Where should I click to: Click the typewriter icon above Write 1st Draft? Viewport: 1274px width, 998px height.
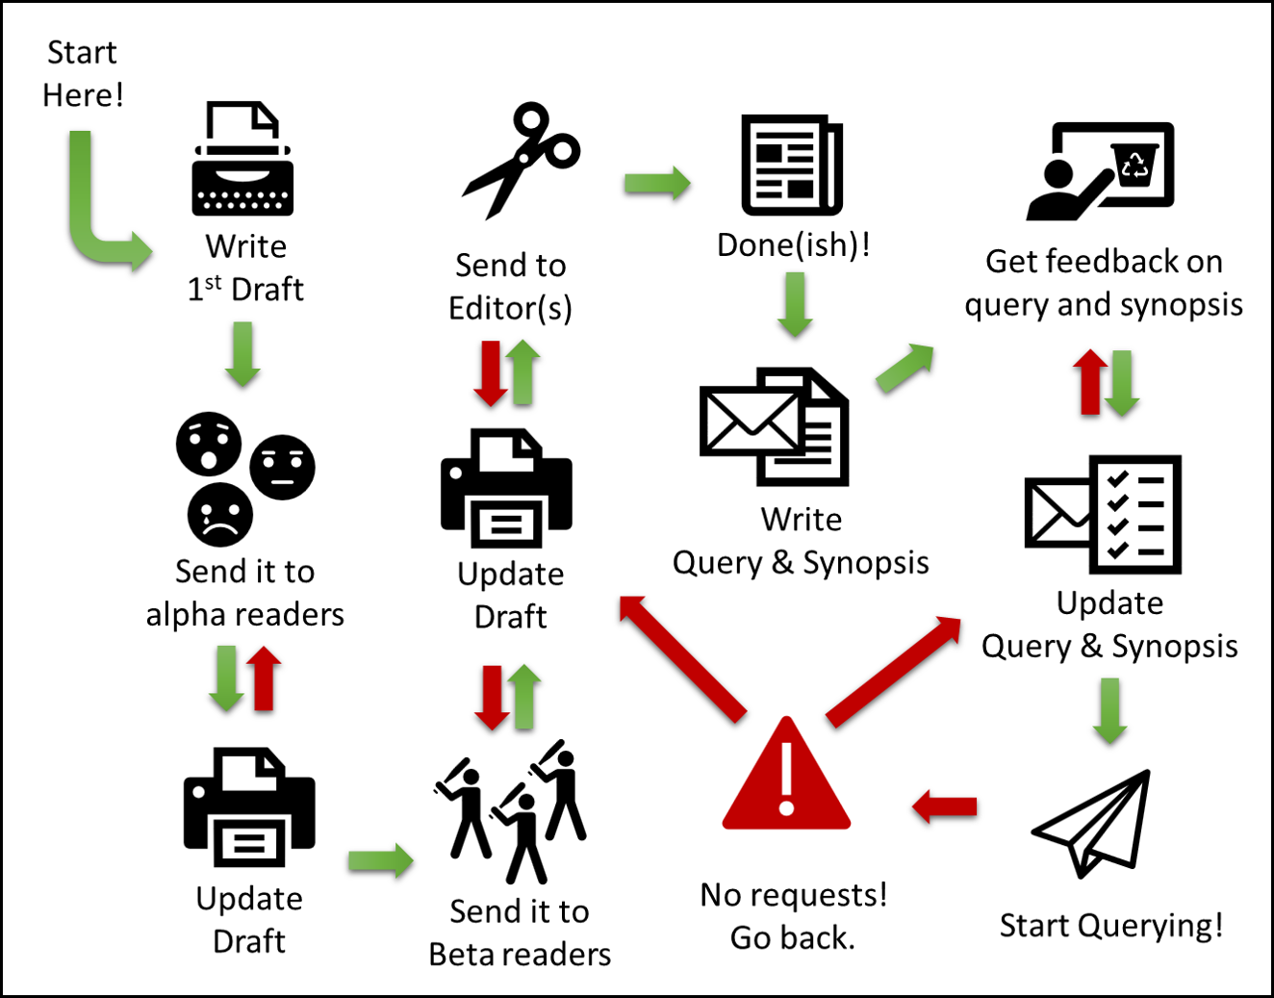click(x=242, y=161)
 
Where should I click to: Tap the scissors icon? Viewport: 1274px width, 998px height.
click(x=521, y=159)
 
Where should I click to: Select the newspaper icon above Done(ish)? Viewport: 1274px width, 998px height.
click(x=791, y=165)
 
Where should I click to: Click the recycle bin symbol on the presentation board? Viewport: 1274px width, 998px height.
click(x=1135, y=165)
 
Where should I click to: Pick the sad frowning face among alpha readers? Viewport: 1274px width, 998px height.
click(x=220, y=516)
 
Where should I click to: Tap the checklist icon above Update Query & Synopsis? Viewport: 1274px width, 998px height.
click(x=1135, y=514)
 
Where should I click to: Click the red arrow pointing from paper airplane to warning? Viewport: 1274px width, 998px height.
click(x=945, y=806)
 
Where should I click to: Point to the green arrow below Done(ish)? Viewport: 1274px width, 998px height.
click(x=795, y=304)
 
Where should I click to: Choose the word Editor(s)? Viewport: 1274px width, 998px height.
click(x=510, y=308)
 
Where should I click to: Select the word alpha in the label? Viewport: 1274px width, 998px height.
click(x=189, y=614)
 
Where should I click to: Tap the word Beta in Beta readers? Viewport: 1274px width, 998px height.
click(x=458, y=954)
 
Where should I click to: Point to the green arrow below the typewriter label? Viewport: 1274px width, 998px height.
click(x=242, y=354)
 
